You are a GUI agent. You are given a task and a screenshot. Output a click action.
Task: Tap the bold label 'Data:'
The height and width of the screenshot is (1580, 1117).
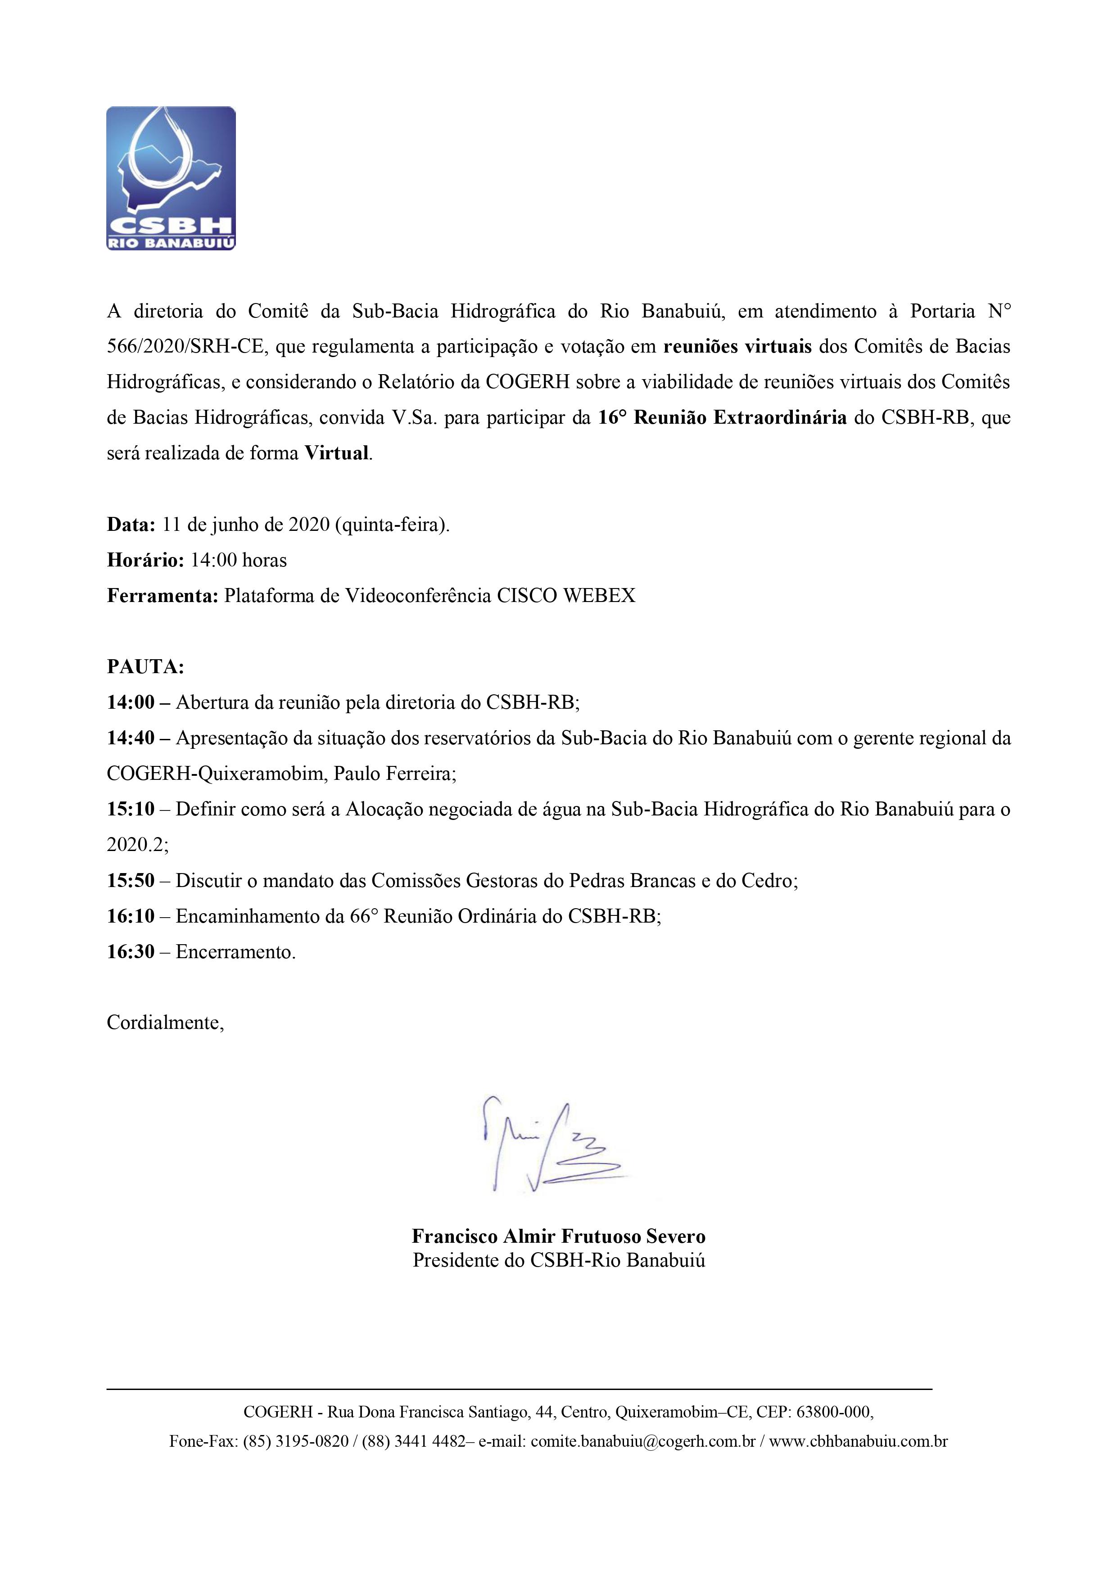click(131, 525)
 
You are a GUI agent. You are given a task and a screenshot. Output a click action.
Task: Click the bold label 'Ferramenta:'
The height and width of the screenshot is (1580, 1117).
click(163, 596)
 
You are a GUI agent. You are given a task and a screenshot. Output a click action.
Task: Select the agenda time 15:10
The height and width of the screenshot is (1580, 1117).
click(131, 809)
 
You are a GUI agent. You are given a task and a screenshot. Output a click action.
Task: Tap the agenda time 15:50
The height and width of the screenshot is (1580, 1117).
click(131, 881)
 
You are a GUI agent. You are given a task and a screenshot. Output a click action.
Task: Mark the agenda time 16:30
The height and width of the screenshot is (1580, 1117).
click(131, 952)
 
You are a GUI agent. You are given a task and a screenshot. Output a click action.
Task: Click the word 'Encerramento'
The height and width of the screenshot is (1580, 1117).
click(235, 952)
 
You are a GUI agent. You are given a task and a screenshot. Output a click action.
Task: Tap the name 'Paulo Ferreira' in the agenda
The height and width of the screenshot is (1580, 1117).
click(394, 774)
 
